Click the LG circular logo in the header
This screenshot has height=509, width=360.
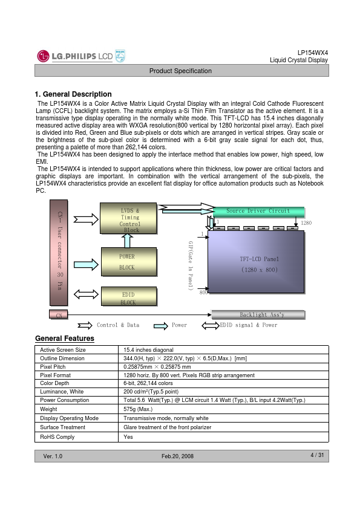point(43,56)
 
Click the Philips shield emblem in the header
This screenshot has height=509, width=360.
point(120,56)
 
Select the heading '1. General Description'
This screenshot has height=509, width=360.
point(73,94)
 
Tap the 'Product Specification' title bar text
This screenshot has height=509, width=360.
point(180,71)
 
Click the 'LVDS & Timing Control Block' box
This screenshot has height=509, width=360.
point(128,218)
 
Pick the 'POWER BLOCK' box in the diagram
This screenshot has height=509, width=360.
point(129,262)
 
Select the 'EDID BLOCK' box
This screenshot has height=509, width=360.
point(129,296)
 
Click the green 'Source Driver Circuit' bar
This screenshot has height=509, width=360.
point(258,212)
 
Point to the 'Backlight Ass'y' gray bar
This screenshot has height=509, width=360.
point(258,314)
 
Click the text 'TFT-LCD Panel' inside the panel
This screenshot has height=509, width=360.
point(260,259)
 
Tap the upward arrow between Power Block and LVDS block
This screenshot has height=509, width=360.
point(127,241)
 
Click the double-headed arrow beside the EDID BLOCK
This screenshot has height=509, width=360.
point(86,294)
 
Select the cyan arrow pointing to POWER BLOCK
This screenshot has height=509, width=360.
point(86,265)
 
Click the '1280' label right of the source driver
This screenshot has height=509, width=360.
point(306,223)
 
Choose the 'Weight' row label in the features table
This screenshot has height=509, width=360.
point(48,409)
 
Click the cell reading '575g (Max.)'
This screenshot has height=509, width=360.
point(138,409)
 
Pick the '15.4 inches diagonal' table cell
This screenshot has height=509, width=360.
point(148,350)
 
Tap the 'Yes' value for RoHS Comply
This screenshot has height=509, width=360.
point(128,437)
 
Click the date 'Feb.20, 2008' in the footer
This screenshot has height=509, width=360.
point(177,456)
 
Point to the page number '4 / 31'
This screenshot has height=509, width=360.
point(317,455)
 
